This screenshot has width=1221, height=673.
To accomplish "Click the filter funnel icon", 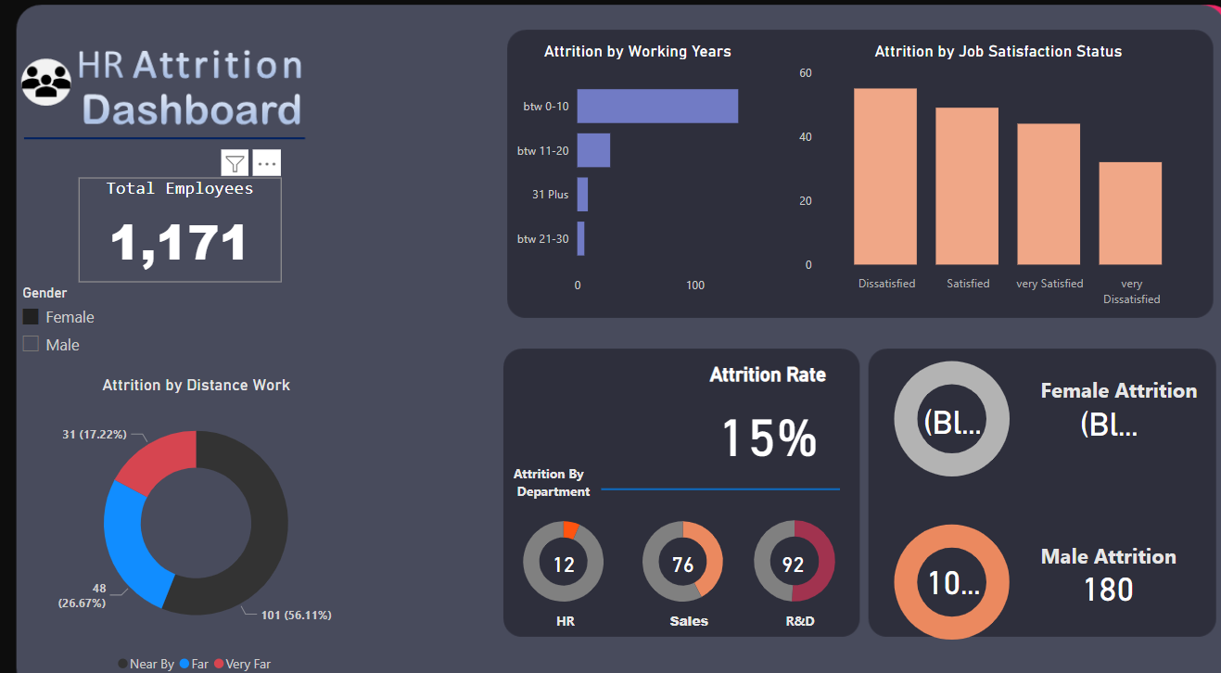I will click(235, 163).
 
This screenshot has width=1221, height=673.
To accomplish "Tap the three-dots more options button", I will click(267, 163).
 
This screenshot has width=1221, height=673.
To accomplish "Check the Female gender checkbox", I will click(31, 317).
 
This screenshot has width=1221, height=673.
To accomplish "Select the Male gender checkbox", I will click(31, 344).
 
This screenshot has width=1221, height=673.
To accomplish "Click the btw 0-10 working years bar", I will click(657, 106).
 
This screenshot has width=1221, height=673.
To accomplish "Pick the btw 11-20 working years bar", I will click(593, 150).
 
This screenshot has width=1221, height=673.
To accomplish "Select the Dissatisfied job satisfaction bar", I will click(885, 176).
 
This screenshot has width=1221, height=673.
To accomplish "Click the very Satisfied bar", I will click(1049, 194).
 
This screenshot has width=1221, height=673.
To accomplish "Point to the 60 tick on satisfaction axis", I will click(806, 73).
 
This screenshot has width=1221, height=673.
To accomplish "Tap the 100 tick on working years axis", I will click(695, 286).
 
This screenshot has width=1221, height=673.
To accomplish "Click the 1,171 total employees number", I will click(179, 243).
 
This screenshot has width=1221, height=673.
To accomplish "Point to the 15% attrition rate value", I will click(769, 438).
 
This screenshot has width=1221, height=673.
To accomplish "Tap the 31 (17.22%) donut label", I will click(94, 434).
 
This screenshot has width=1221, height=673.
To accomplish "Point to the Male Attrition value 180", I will click(1108, 590).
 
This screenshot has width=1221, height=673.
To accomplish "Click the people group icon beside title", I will click(46, 82).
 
